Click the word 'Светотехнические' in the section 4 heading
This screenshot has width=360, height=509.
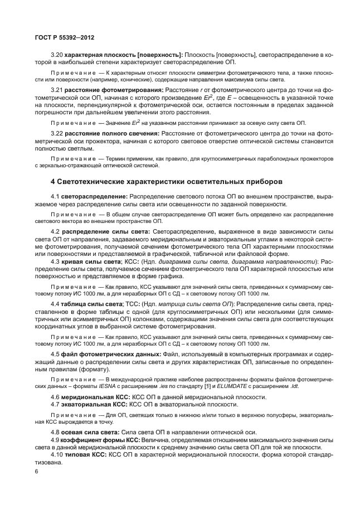tap(96, 182)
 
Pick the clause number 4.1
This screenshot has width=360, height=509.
tap(55, 197)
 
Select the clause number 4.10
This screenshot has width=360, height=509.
tap(57, 454)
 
